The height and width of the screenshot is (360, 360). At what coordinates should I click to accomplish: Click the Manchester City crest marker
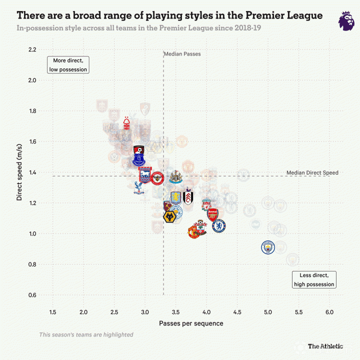coord(268,247)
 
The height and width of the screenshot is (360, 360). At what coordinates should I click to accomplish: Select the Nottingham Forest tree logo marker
coord(127,123)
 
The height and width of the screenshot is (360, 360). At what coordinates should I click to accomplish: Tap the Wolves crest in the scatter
coord(171,216)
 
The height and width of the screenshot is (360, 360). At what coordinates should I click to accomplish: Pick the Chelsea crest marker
coord(219,226)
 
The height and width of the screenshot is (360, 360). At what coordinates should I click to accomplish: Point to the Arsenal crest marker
coord(213,215)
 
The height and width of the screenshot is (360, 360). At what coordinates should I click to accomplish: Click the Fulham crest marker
coord(188,197)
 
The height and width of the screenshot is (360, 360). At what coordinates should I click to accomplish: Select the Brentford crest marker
coord(157,177)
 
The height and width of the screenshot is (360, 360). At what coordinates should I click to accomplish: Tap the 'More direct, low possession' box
coord(68,64)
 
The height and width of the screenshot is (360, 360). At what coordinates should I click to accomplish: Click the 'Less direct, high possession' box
coord(314,279)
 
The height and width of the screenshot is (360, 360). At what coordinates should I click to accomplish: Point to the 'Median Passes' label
coord(182,53)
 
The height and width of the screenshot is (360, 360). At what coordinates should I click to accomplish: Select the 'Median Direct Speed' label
coord(312,172)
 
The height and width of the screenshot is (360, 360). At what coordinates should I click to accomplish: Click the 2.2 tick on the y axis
coord(32,49)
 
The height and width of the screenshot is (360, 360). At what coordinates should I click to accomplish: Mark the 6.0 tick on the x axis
coord(329,312)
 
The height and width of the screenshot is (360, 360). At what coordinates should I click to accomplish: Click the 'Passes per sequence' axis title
coord(191,323)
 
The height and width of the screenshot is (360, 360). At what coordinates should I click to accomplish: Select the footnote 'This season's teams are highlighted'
coord(86,334)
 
